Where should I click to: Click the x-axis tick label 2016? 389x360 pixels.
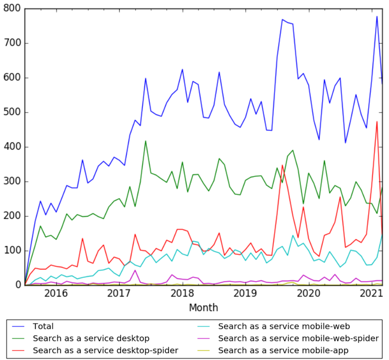coord(57,293)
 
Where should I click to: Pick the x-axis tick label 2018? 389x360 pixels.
coord(183,293)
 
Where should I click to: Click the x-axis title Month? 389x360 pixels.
coord(203,307)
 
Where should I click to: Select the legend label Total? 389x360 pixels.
coord(43,326)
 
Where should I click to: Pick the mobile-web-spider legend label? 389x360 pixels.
coord(298,338)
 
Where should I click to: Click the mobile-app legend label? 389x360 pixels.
coord(283,350)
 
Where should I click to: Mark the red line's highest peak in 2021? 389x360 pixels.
coord(377,122)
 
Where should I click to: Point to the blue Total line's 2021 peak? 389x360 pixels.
coord(377,17)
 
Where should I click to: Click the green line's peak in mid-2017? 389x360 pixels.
coord(146,141)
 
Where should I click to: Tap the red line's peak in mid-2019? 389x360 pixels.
coord(283,165)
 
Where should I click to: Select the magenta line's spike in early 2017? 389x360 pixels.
coord(135,270)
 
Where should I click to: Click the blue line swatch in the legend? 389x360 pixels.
coord(18,326)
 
